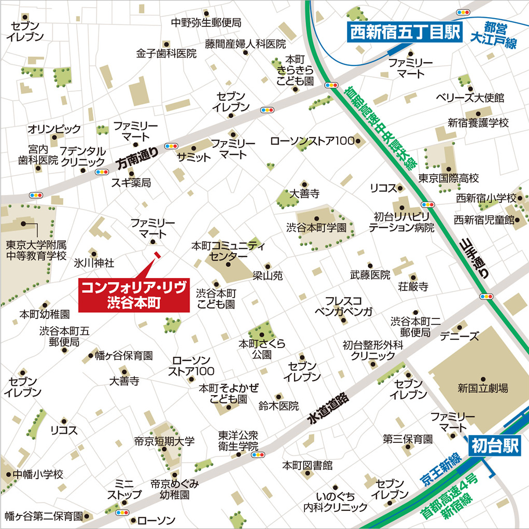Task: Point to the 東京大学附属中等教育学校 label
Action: [36, 249]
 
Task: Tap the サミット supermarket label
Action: [193, 157]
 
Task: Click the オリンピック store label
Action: [54, 129]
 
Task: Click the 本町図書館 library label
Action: [307, 465]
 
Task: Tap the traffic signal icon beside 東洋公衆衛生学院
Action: [257, 455]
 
